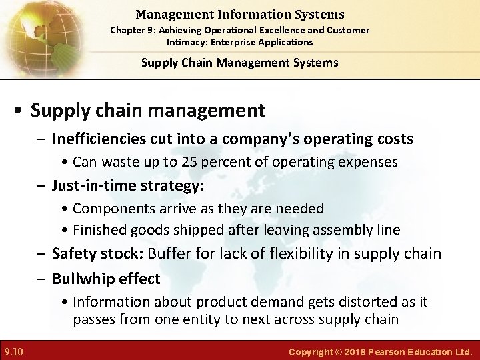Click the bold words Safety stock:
97,253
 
